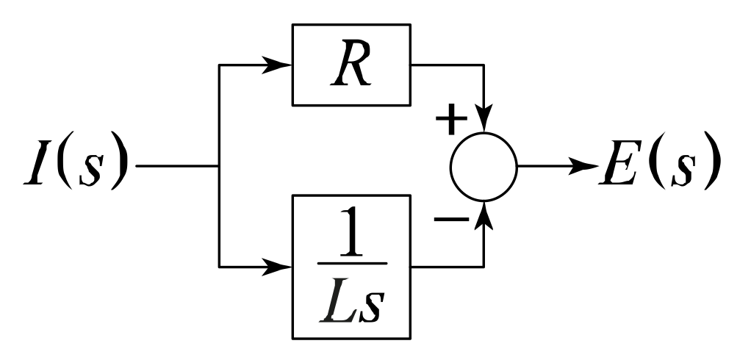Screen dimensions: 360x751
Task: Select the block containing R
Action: [x=352, y=65]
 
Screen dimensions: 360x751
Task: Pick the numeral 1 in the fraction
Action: [x=352, y=234]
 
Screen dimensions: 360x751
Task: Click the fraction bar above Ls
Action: [x=352, y=262]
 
